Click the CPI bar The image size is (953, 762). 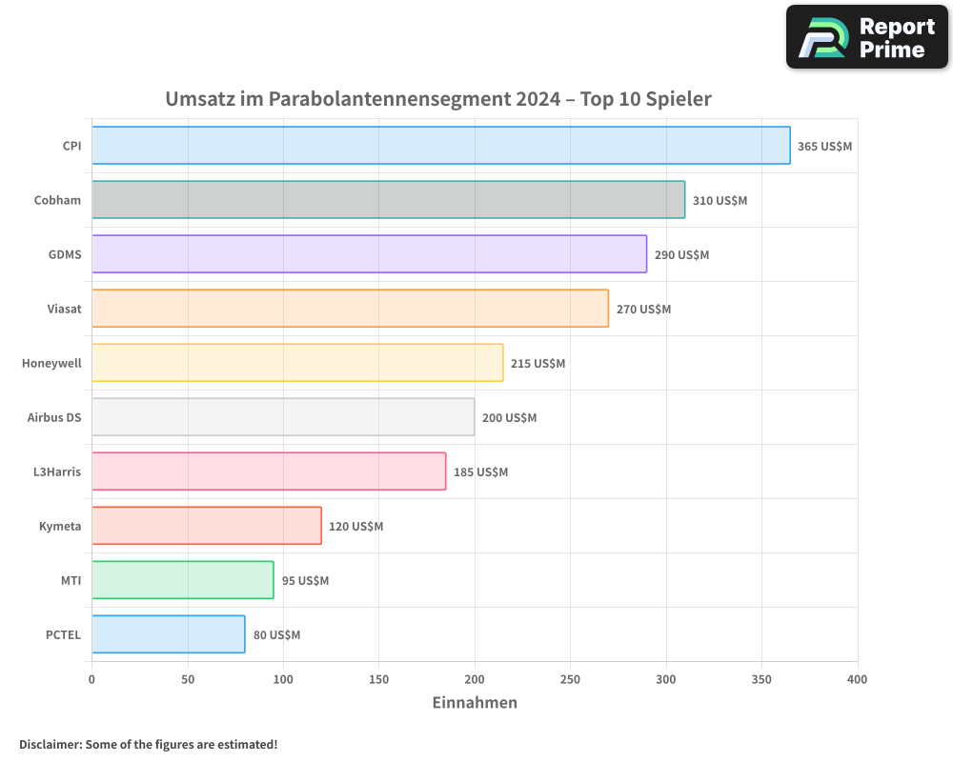440,146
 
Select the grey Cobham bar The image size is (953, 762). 388,200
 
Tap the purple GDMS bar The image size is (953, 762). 369,254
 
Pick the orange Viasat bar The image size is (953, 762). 350,309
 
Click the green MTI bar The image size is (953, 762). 183,580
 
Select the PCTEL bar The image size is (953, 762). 169,634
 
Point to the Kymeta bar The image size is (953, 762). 207,526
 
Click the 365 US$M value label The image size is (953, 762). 824,147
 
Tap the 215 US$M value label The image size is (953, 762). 537,364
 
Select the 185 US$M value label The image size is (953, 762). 480,472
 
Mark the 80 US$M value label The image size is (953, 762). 276,635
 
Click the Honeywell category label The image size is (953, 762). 51,363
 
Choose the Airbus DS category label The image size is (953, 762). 54,417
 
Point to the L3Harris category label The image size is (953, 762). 57,471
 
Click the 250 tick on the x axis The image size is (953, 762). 570,679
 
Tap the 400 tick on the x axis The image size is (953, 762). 857,679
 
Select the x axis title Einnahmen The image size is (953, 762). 475,703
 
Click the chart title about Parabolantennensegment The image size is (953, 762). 438,99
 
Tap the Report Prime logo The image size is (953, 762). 866,37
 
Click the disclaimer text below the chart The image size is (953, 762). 148,744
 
